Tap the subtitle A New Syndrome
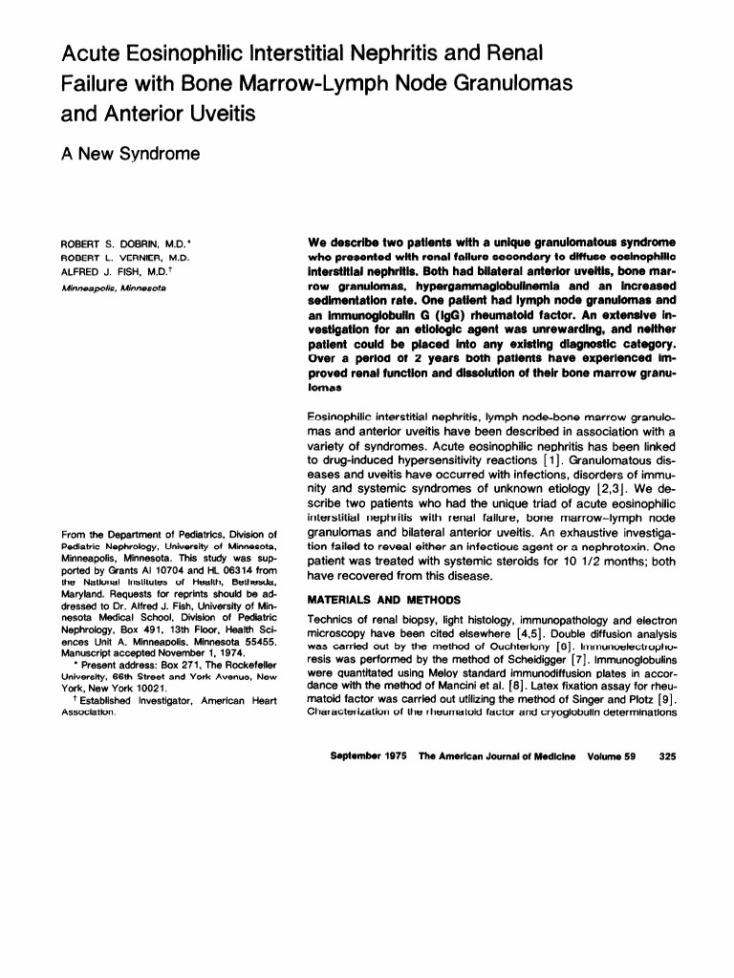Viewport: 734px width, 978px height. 130,153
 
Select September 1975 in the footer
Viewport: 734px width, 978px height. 368,756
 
